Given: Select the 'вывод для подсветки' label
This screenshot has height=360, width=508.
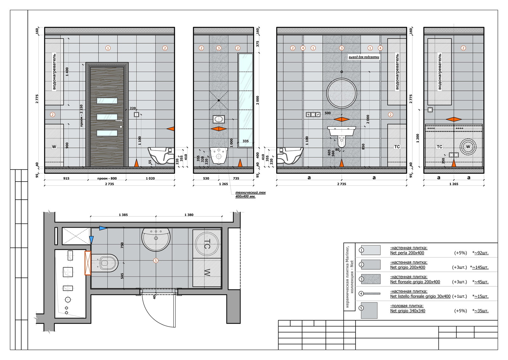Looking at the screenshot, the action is (x=364, y=57).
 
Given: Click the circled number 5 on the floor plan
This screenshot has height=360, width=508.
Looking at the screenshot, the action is (x=156, y=261).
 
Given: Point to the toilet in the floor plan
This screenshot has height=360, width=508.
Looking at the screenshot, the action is (x=104, y=263).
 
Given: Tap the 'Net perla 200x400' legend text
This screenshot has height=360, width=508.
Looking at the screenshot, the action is (x=407, y=253).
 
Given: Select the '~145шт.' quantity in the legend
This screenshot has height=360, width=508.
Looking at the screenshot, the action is (x=480, y=267).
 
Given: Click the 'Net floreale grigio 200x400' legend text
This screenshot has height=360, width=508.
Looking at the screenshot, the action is (x=415, y=282).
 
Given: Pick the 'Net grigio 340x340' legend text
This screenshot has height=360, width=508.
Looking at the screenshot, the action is (x=408, y=311).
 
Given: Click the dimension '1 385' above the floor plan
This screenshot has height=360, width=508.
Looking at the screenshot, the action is (x=123, y=215).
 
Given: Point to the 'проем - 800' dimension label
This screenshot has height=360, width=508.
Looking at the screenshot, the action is (x=107, y=178).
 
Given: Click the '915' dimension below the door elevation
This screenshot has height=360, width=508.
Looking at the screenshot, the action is (x=66, y=178).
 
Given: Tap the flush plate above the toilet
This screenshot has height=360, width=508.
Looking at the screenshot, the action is (x=219, y=119).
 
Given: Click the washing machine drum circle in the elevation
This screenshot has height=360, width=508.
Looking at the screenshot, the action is (x=468, y=147).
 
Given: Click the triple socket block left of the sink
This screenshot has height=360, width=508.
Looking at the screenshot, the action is (x=313, y=115).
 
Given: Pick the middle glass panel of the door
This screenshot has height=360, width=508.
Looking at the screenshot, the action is (x=107, y=117).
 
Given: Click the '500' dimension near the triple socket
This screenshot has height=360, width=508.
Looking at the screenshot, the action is (x=328, y=113).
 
